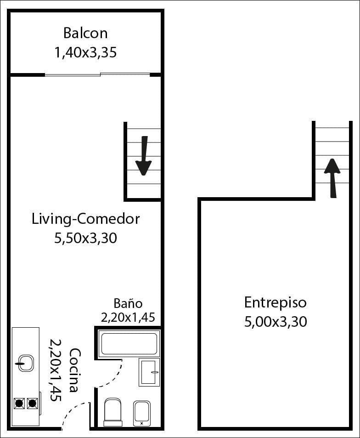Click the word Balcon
coord(85,33)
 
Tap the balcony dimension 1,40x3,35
coord(85,53)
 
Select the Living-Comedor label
coord(85,219)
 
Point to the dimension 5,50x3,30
coord(85,238)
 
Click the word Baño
coord(128,303)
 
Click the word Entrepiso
coord(275,302)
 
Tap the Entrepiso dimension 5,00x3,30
coord(275,321)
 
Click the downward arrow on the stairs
coord(144,156)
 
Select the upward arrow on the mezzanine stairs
coord(332,177)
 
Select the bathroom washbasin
coord(149,372)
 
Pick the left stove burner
coord(19,404)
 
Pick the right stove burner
coord(32,404)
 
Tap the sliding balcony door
coord(97,74)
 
